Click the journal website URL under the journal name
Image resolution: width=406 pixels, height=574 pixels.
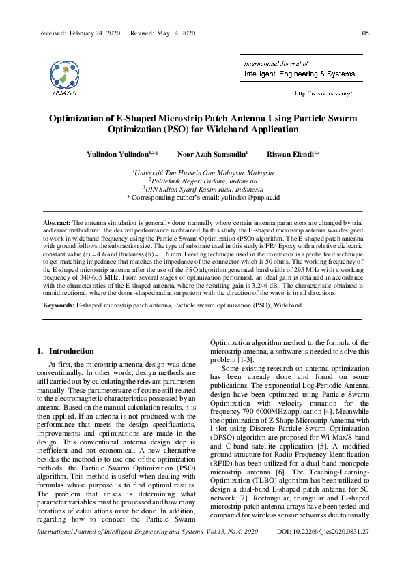click(x=323, y=93)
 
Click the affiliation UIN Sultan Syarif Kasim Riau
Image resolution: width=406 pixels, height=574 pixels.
click(x=203, y=189)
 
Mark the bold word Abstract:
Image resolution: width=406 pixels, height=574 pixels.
click(x=57, y=223)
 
